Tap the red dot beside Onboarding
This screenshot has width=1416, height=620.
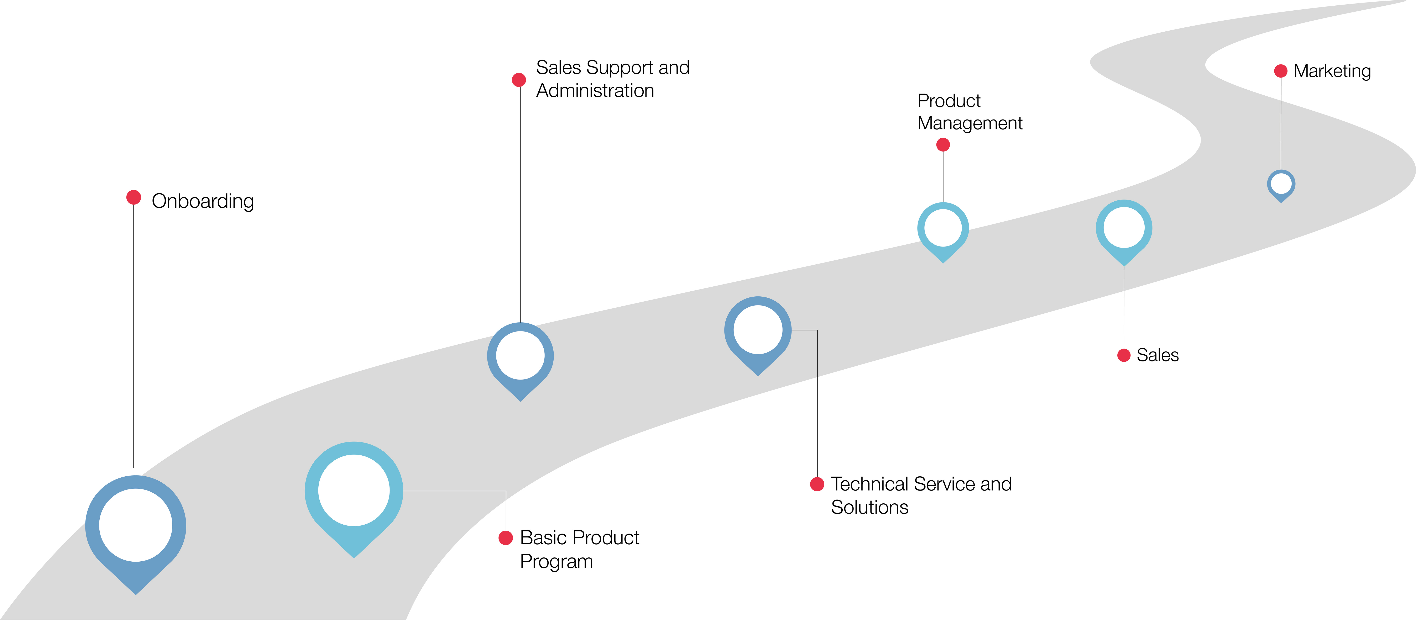[134, 197]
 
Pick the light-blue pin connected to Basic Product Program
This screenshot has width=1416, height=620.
[354, 492]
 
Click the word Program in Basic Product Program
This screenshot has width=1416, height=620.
[556, 562]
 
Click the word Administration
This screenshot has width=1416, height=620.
[595, 91]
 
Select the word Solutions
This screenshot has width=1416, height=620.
[870, 507]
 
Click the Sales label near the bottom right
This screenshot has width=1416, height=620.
[1158, 355]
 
